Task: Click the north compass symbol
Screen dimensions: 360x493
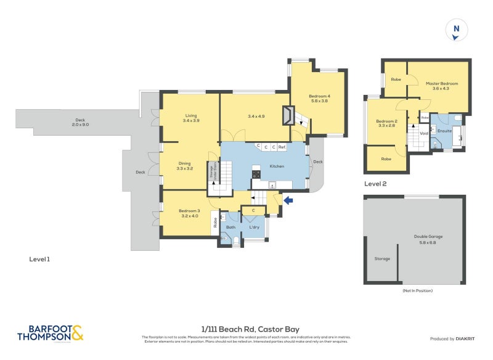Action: click(x=456, y=30)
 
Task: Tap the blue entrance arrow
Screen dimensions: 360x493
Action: click(x=288, y=200)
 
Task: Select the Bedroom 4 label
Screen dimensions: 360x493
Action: click(x=319, y=98)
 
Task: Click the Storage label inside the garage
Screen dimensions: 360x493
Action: click(x=382, y=258)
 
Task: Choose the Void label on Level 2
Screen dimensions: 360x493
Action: click(x=424, y=133)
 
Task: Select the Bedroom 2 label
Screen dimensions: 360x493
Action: click(x=386, y=123)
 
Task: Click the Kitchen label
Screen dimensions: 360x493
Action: click(x=275, y=166)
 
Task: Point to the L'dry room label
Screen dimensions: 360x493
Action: click(x=254, y=227)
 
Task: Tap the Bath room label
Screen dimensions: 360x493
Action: click(x=230, y=227)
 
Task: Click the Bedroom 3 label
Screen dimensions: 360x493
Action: click(x=189, y=213)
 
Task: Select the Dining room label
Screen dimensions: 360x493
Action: click(x=185, y=165)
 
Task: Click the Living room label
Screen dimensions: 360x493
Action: click(x=191, y=118)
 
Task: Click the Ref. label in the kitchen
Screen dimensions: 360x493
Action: click(x=282, y=147)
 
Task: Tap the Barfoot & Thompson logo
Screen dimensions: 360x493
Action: click(x=50, y=333)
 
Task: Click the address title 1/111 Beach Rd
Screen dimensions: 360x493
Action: click(x=250, y=329)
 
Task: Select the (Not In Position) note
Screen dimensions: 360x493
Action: click(x=417, y=290)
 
